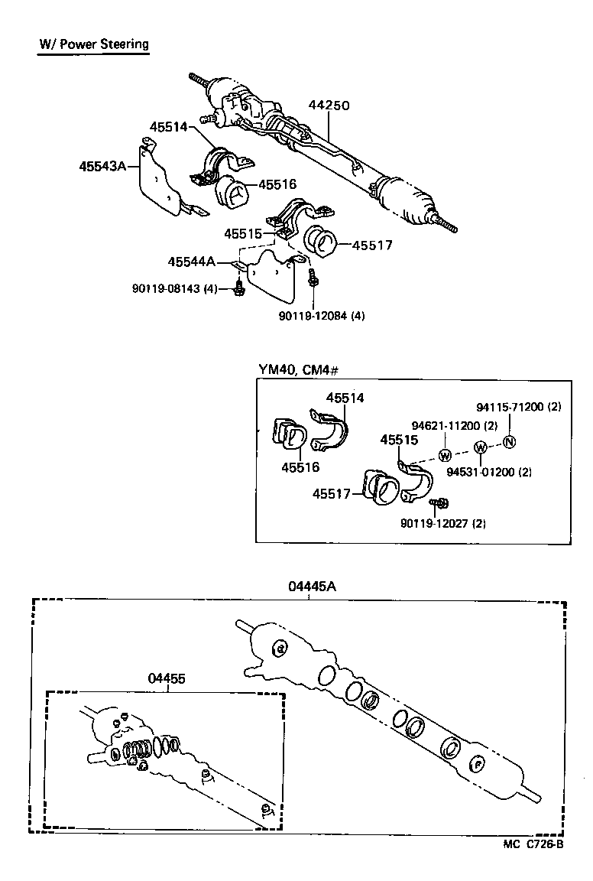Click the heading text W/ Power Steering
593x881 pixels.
94,44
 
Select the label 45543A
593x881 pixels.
102,165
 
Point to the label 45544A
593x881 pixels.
191,262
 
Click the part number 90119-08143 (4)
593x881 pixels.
174,288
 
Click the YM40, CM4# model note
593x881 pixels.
299,370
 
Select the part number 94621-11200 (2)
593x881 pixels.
455,425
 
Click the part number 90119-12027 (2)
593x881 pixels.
443,523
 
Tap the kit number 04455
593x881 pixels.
166,678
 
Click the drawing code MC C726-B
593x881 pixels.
533,844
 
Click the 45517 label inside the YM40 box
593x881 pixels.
331,494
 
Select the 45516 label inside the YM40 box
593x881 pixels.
300,467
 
